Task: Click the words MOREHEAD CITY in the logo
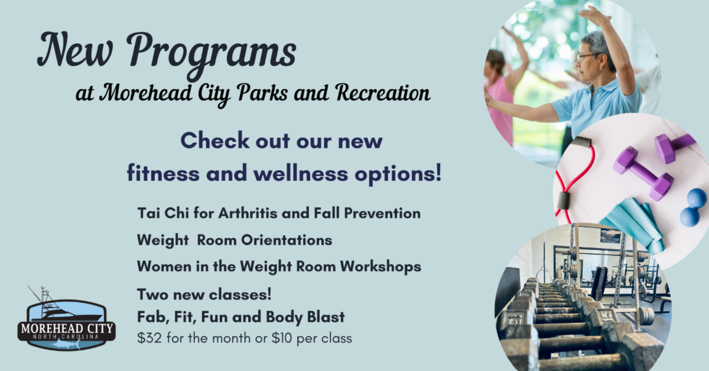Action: [66, 327]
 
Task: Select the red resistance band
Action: [570, 177]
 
